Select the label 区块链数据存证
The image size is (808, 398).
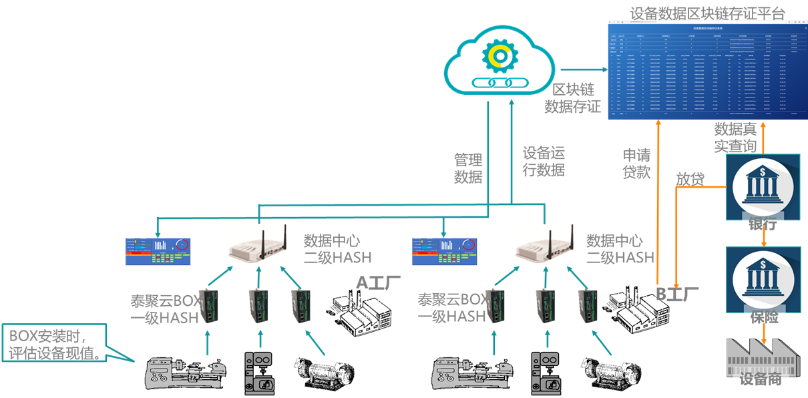pos(573,98)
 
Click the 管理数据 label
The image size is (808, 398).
pos(468,168)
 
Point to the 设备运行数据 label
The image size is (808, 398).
pos(544,162)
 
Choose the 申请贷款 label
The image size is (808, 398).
pos(636,164)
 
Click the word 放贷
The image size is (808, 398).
pos(690,180)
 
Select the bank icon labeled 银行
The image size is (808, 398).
pos(762,188)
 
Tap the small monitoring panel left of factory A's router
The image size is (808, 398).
pos(158,251)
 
